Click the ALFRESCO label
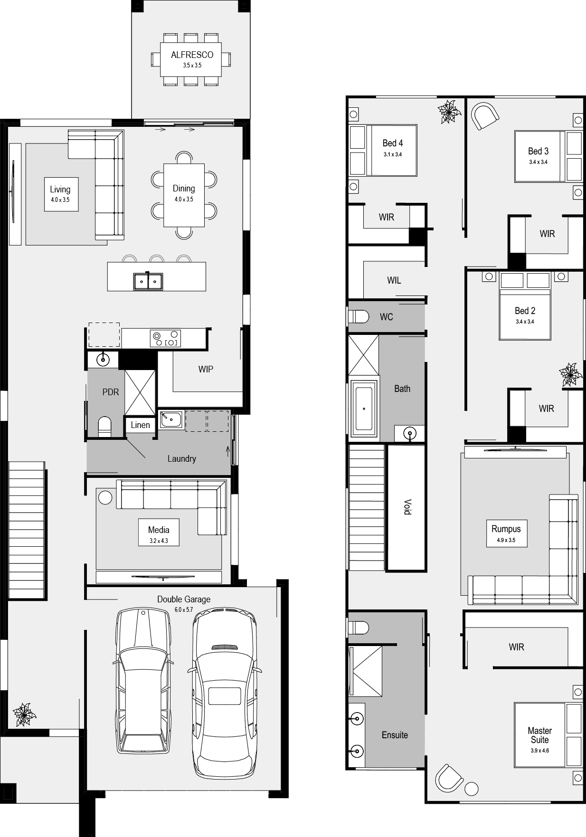pyautogui.click(x=192, y=55)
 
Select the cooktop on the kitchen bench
pyautogui.click(x=165, y=338)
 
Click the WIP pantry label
pyautogui.click(x=206, y=369)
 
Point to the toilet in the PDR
pyautogui.click(x=104, y=427)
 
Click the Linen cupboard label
pyautogui.click(x=141, y=425)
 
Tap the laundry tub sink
pyautogui.click(x=171, y=420)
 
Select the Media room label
pyautogui.click(x=159, y=530)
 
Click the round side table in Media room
pyautogui.click(x=105, y=497)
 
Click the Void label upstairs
pyautogui.click(x=407, y=507)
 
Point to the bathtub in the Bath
pyautogui.click(x=364, y=409)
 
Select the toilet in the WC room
pyautogui.click(x=359, y=316)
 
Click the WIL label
pyautogui.click(x=394, y=280)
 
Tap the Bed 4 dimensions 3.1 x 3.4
pyautogui.click(x=393, y=154)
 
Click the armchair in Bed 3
pyautogui.click(x=484, y=115)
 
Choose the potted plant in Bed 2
pyautogui.click(x=570, y=375)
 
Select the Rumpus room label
pyautogui.click(x=506, y=529)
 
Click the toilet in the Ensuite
pyautogui.click(x=359, y=628)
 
